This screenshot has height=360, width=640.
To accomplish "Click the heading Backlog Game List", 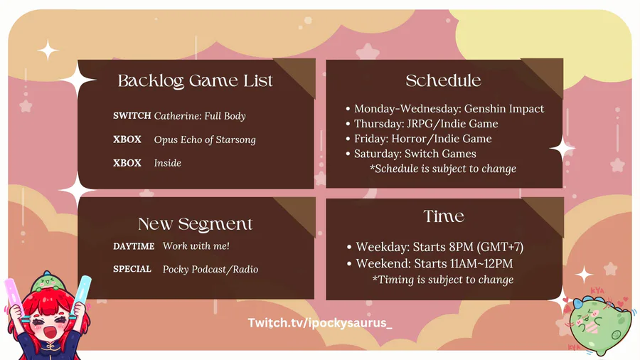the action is pos(195,81).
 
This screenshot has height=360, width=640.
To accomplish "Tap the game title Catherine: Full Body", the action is pos(200,116).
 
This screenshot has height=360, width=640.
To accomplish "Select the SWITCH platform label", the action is pos(132,115).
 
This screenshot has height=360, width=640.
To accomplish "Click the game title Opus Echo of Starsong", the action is pos(205,139).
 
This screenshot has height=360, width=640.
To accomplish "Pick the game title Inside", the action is pos(167,163).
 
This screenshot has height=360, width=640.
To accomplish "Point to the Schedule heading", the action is pos(443,80).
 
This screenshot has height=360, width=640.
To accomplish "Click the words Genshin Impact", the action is pos(504,109).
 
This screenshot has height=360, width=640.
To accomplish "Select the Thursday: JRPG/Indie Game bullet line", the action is pos(422,124).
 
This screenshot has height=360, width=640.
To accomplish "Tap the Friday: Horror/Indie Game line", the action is pos(418,139).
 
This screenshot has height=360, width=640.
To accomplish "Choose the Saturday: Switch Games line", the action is pos(410,154).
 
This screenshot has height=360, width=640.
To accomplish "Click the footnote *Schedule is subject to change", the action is pos(443,169).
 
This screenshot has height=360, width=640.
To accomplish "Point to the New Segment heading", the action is pos(195,223).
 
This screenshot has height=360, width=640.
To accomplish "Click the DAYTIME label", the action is pos(134,246).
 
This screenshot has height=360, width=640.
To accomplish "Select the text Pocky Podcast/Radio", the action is pos(210,270).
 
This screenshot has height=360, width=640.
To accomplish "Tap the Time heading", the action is pos(444,216).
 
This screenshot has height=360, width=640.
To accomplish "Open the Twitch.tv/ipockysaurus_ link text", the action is pos(320,323).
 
